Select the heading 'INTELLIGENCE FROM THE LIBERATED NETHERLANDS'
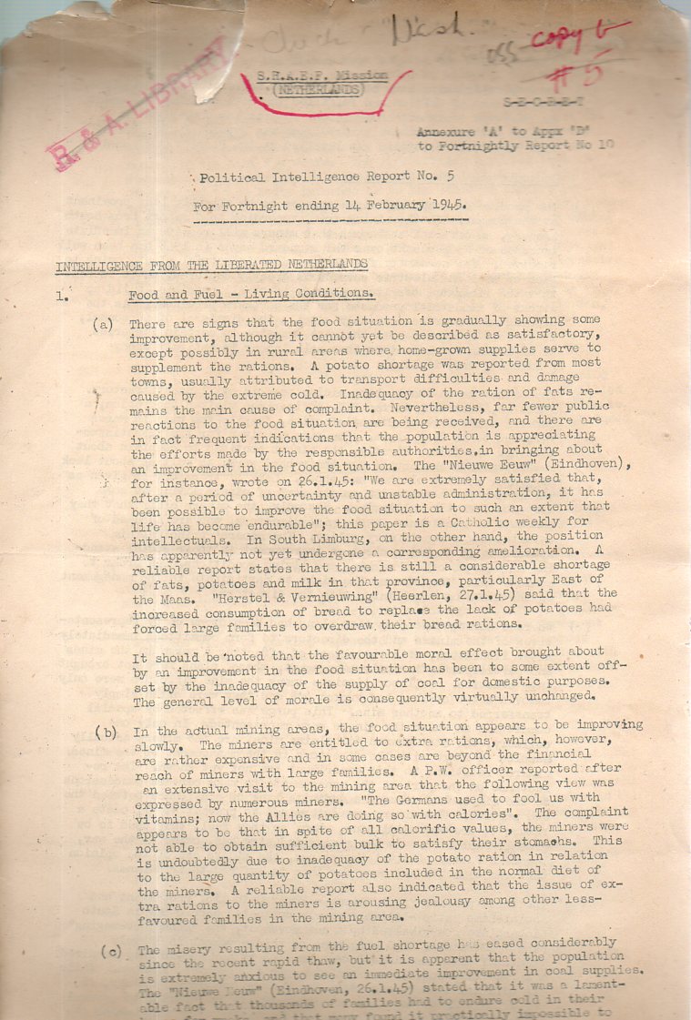tap(211, 266)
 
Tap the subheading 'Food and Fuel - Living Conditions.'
tap(250, 295)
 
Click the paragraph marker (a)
tap(104, 324)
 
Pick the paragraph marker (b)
tap(108, 732)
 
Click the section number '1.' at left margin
tap(61, 295)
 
